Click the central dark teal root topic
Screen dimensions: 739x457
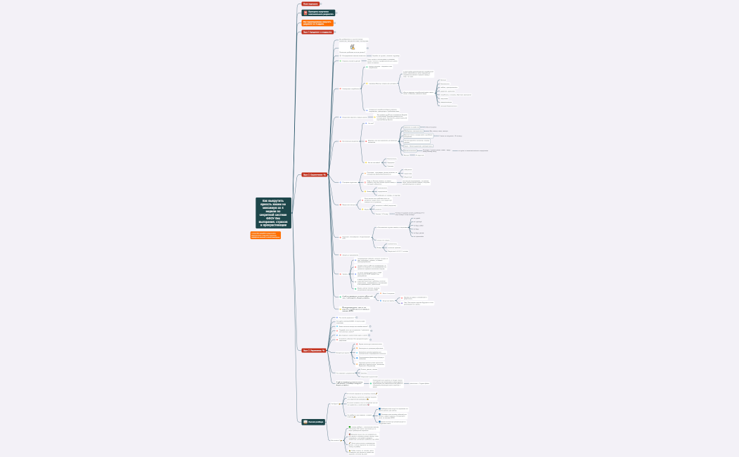[x=273, y=213]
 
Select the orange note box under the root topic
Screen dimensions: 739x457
[x=265, y=235]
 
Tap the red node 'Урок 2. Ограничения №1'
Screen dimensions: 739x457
[x=315, y=174]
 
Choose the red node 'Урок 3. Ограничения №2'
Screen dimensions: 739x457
[x=315, y=349]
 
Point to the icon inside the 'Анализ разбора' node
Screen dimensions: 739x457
[x=305, y=422]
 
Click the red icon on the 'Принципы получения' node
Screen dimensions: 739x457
[x=305, y=13]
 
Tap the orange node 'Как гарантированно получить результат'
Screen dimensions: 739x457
[x=317, y=22]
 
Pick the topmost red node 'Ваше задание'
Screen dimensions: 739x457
[x=310, y=4]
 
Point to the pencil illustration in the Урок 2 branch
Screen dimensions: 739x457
[x=352, y=46]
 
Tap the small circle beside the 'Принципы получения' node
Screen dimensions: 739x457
[x=338, y=13]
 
